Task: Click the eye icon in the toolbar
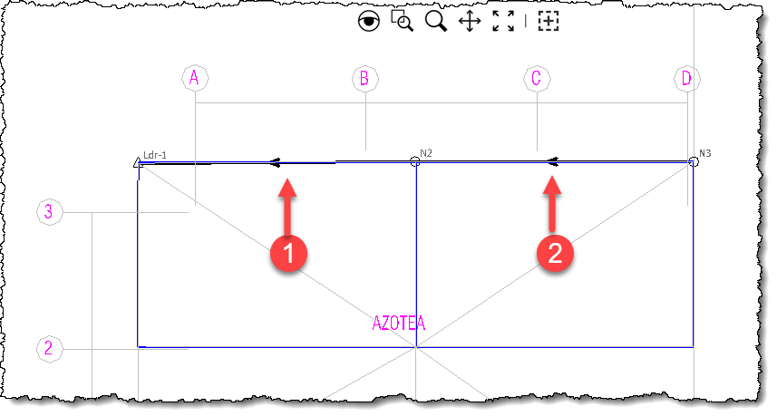click(369, 21)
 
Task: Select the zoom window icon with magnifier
click(402, 21)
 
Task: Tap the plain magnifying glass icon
click(435, 21)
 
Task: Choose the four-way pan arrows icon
click(470, 22)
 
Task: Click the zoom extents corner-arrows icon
click(503, 21)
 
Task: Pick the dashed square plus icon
click(549, 21)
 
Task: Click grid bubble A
click(195, 78)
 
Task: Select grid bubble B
click(365, 78)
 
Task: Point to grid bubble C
click(537, 78)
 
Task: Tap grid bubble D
click(687, 78)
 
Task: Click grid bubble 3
click(50, 212)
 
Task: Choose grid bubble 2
click(50, 349)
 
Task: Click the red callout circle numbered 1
click(288, 253)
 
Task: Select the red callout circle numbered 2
click(555, 253)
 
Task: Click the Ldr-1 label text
click(155, 155)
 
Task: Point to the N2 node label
click(426, 153)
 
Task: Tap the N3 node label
click(705, 153)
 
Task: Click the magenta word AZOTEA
click(399, 323)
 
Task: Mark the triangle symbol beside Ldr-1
click(138, 162)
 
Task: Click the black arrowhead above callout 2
click(553, 161)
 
